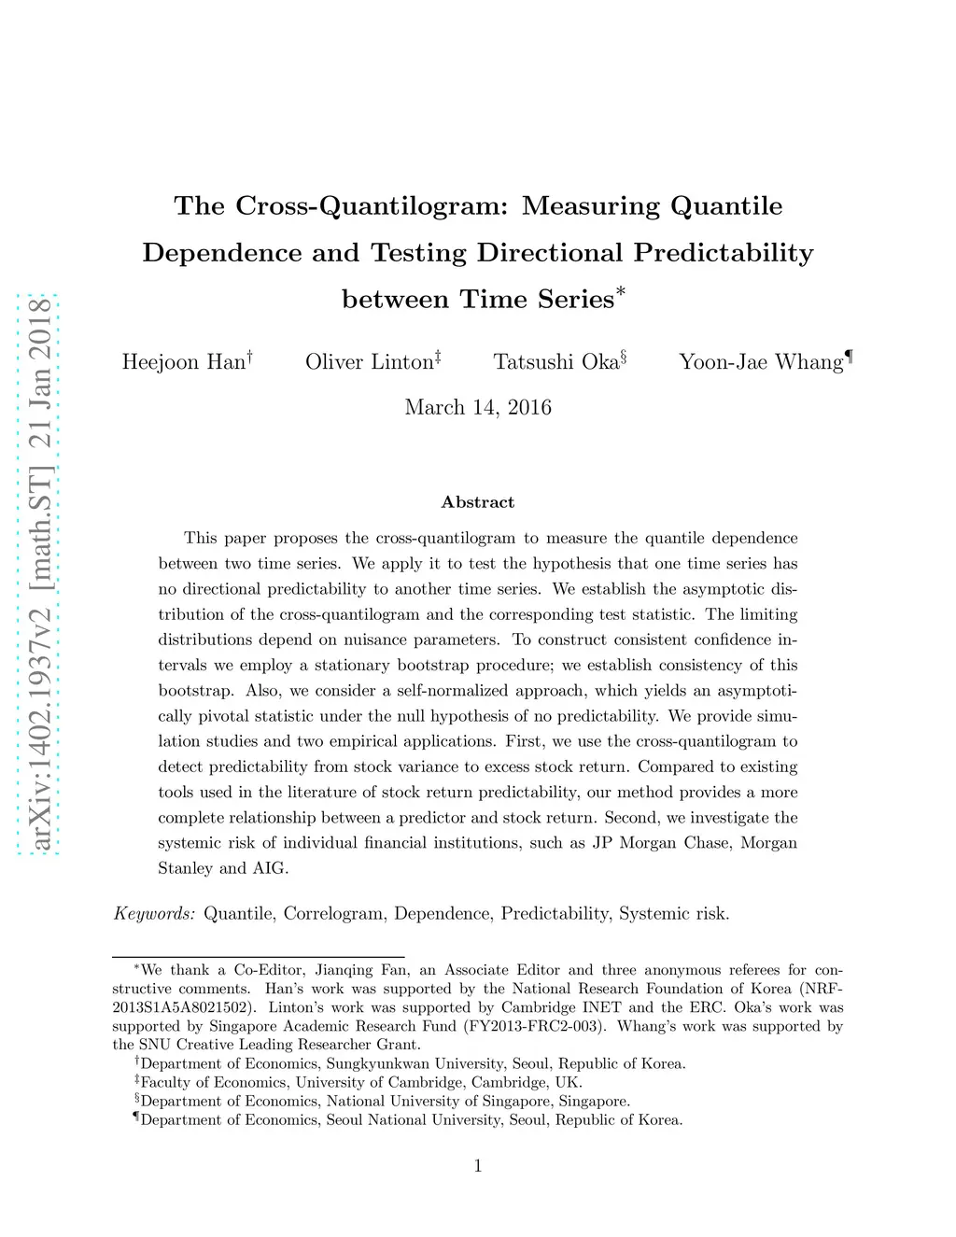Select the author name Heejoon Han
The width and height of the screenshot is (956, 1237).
(183, 362)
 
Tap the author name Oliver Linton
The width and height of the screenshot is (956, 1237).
(370, 362)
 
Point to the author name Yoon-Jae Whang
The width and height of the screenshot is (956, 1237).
(761, 362)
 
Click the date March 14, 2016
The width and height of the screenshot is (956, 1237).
(478, 408)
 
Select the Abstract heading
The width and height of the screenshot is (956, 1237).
(478, 502)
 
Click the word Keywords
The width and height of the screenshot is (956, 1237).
(154, 914)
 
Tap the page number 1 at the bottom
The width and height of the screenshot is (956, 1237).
(478, 1166)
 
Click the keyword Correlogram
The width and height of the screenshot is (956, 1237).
(334, 914)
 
